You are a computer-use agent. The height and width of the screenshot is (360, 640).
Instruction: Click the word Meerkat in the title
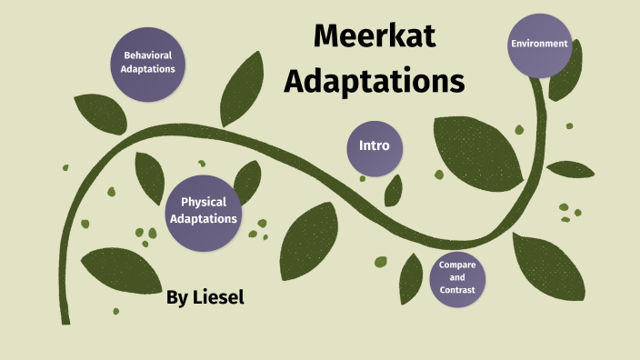[x=375, y=36]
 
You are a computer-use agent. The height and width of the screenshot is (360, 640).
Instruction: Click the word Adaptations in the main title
[x=375, y=81]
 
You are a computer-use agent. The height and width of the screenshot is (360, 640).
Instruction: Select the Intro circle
[x=375, y=148]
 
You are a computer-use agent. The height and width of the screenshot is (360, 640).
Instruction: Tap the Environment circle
[x=540, y=45]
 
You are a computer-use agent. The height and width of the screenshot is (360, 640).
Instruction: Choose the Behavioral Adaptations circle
[x=148, y=65]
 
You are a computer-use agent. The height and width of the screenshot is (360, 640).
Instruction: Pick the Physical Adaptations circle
[x=204, y=213]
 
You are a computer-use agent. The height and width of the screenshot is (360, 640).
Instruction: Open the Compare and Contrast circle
[x=457, y=279]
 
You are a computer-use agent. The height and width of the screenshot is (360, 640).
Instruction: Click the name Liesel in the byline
[x=218, y=297]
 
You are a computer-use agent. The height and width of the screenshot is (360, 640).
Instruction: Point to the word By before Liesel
[x=177, y=298]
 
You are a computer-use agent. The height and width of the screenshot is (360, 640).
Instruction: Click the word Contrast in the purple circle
[x=457, y=290]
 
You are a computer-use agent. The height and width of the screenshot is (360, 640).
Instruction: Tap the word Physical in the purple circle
[x=204, y=203]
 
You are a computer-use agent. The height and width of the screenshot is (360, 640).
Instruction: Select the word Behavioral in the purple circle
[x=148, y=55]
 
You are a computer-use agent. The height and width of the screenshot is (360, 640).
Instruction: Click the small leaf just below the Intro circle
[x=393, y=191]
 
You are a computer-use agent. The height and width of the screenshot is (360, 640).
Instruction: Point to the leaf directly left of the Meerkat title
[x=242, y=88]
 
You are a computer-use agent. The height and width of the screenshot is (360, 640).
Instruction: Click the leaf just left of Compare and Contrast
[x=411, y=279]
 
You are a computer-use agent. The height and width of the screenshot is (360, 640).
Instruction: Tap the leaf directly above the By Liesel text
[x=122, y=270]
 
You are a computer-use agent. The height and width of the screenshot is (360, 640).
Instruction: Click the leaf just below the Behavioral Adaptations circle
[x=101, y=114]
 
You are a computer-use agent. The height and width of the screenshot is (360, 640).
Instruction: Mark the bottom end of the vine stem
[x=65, y=324]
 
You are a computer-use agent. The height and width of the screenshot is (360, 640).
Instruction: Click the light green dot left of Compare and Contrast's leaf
[x=381, y=262]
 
